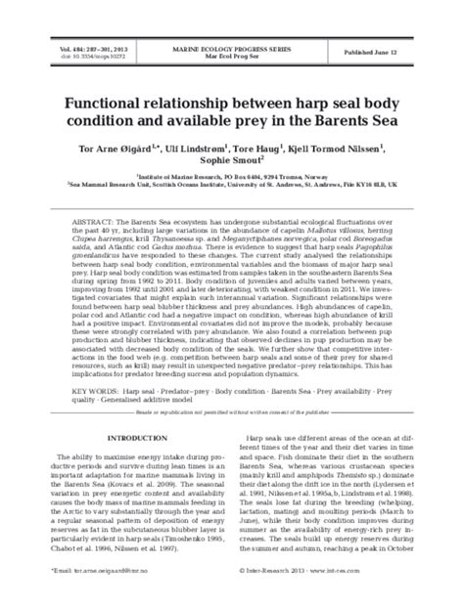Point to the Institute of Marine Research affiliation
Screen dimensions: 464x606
232,182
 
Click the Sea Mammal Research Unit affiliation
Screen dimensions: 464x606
232,192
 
